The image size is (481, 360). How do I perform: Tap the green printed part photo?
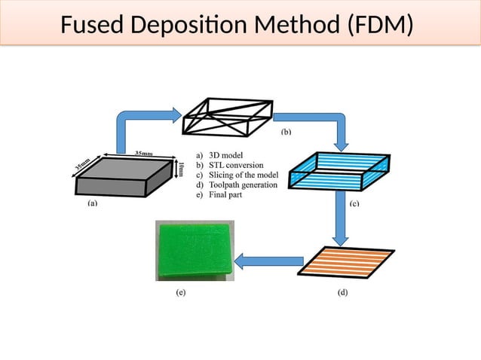(195, 249)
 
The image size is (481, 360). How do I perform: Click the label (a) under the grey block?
(92, 203)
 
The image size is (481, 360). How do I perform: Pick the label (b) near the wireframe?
(286, 132)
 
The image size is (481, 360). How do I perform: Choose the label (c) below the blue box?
(353, 203)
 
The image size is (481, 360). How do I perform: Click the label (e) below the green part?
(181, 292)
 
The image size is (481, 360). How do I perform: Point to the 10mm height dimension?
(181, 169)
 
